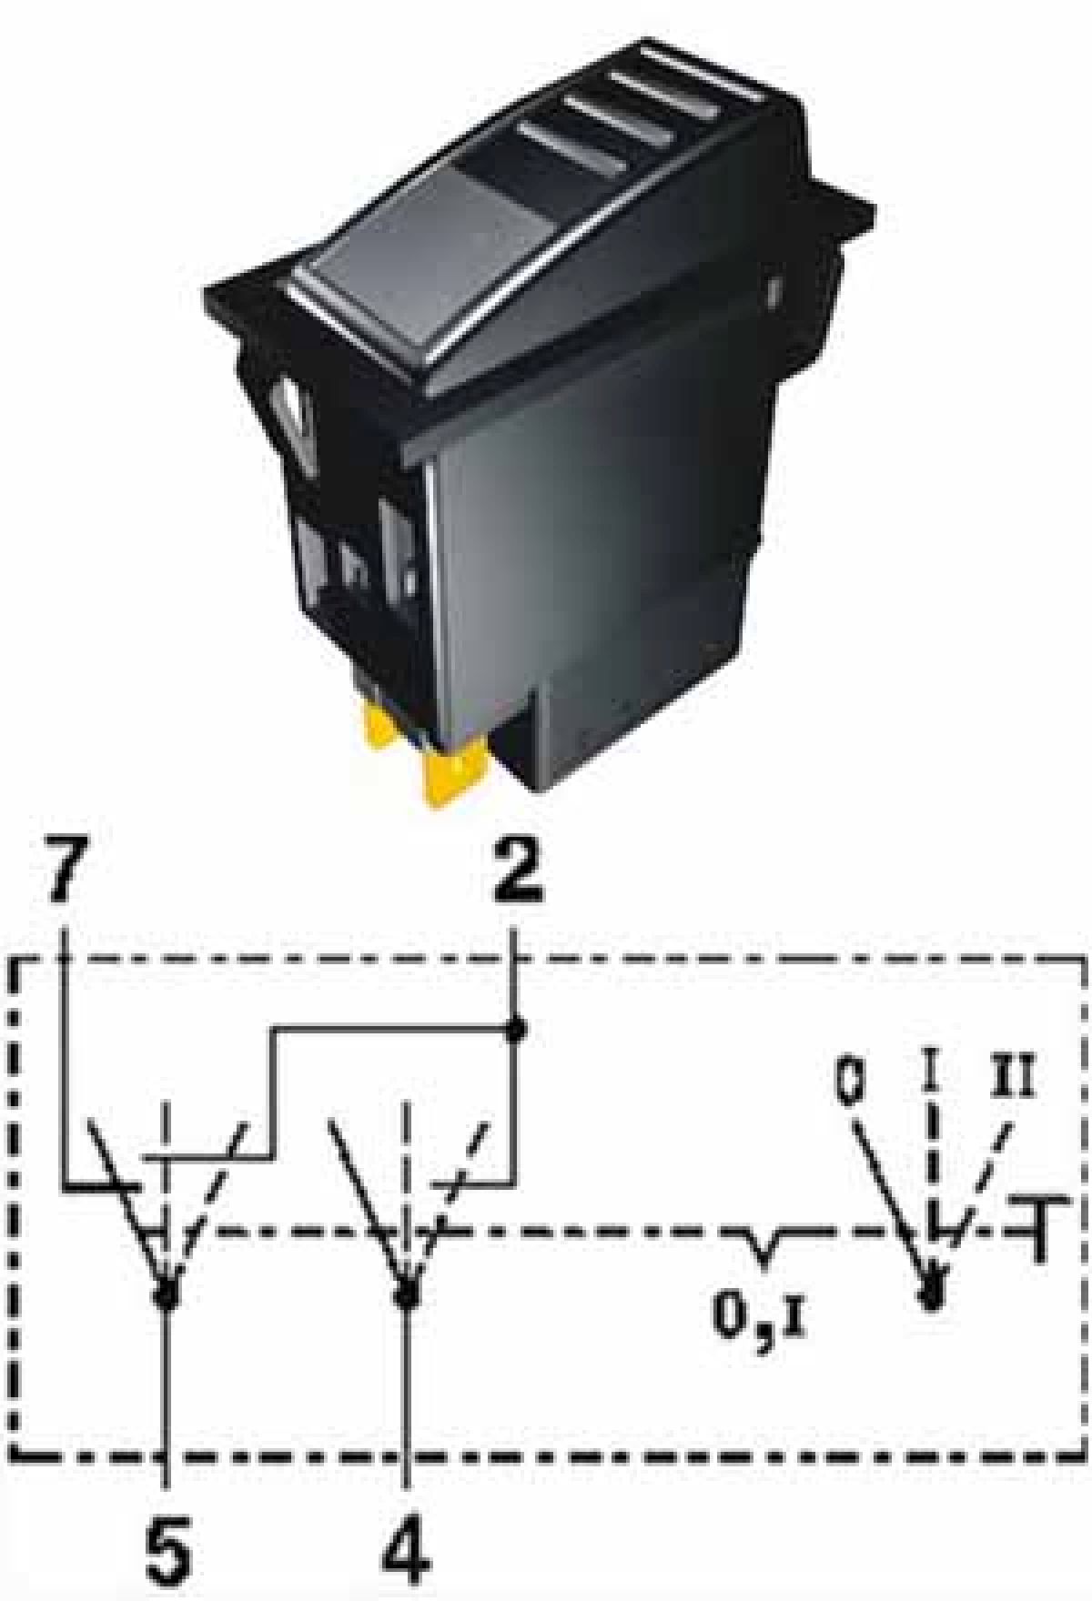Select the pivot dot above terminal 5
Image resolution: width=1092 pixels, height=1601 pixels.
tap(165, 1293)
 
